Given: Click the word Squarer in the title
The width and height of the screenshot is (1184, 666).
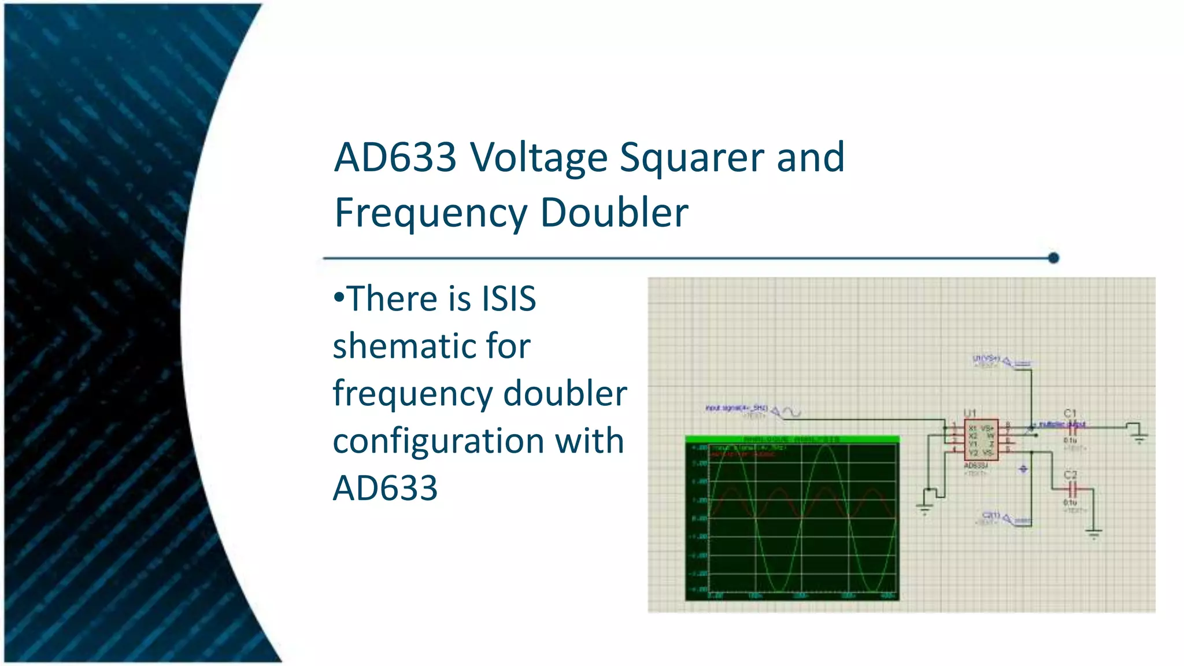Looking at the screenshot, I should pos(691,158).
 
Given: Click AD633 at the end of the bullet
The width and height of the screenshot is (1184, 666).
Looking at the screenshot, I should pos(385,489).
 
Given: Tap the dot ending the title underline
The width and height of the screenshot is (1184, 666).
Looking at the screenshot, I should pos(1053,258).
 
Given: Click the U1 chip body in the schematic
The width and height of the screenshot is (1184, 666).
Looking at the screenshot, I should pos(981,440).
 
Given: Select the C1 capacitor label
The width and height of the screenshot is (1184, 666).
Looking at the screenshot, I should pos(1070,413).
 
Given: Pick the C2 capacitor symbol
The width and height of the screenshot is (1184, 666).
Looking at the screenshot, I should pos(1073,490).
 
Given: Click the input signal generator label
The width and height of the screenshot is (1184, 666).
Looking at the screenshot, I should pos(736,408).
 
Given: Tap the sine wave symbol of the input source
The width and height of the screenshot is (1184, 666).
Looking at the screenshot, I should pos(792,412).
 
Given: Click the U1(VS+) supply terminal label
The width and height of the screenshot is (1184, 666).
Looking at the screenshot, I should pos(986,359).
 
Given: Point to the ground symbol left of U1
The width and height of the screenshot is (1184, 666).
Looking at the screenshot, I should pos(924,508).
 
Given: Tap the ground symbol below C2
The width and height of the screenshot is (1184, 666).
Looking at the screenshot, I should pos(1094,533).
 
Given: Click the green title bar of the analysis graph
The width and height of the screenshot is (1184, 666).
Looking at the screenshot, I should pos(792,439).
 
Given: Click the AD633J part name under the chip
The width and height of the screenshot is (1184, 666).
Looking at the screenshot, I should pos(976,465).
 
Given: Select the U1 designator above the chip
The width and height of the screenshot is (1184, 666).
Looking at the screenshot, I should pos(970,413).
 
